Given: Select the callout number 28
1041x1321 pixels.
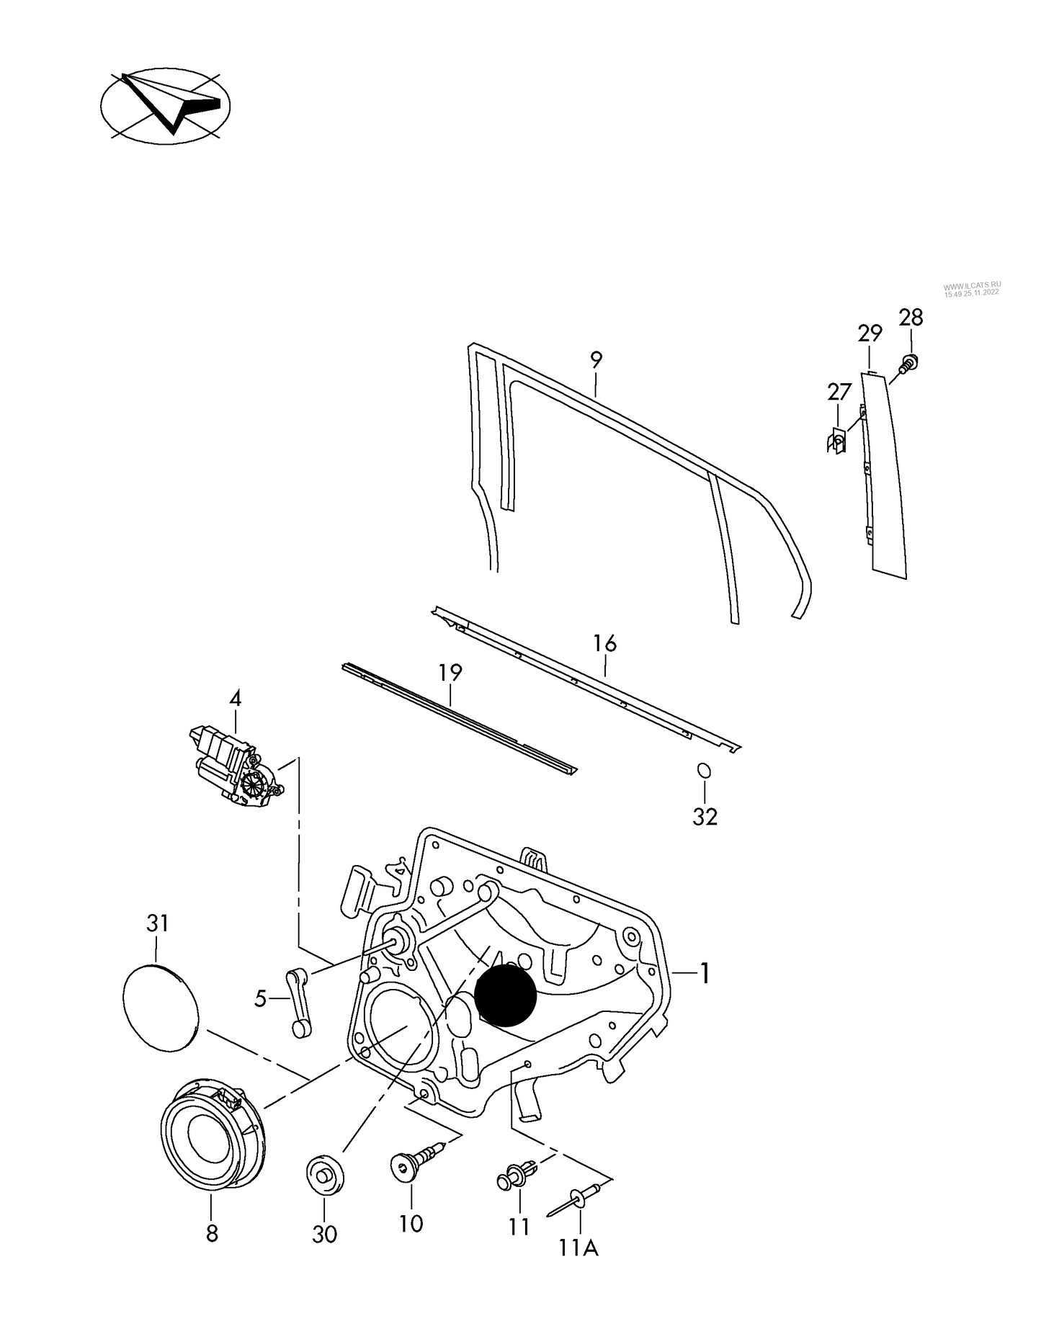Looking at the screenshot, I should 911,318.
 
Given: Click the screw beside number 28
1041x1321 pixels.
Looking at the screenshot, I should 908,363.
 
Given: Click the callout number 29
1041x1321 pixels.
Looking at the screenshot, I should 870,333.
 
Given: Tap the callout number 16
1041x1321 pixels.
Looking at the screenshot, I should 605,643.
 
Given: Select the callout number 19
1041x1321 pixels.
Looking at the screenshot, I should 450,673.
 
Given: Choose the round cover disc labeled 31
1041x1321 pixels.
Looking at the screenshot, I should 160,1005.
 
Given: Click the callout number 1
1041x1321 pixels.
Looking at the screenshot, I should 705,975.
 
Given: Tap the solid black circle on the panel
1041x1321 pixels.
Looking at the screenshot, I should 506,995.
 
